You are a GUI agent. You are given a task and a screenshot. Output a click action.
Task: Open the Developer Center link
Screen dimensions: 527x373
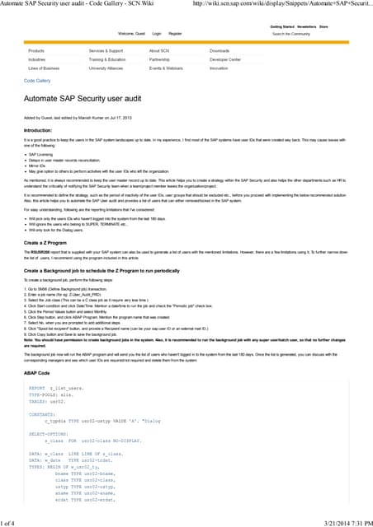(225, 60)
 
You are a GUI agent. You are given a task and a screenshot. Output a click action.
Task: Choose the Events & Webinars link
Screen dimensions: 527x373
(166, 68)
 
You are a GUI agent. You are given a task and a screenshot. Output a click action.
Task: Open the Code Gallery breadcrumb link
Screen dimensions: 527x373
(37, 81)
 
